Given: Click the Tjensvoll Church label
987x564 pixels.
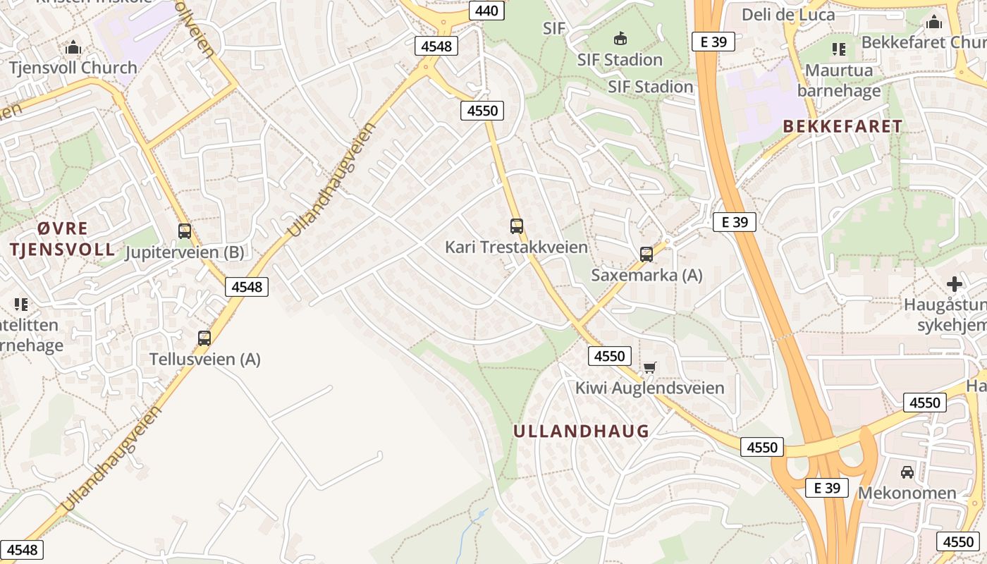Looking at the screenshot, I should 73,68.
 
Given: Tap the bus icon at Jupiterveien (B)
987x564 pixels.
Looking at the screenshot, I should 185,231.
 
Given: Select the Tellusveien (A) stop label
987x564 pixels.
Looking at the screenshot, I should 204,359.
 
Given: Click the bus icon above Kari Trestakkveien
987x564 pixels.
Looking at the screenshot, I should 517,226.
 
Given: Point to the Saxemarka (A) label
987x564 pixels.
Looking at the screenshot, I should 646,275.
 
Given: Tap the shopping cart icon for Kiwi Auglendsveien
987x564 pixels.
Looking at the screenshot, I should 649,367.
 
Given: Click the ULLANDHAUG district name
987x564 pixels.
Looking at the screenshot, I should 581,431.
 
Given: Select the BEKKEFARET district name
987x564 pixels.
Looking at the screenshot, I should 842,126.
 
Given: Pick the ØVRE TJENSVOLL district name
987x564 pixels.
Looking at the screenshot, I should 62,238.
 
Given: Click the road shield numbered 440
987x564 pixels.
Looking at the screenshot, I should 486,11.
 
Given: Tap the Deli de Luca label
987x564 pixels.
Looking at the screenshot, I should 788,14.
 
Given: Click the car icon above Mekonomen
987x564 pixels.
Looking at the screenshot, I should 907,472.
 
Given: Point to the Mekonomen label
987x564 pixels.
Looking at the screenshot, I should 907,492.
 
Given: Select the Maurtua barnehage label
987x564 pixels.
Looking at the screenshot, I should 839,80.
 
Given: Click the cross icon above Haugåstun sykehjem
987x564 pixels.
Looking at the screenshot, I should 955,284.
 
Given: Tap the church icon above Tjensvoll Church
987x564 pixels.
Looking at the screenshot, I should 73,48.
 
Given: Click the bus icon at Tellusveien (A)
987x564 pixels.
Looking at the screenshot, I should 204,338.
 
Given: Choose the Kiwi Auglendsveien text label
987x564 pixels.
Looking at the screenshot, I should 649,388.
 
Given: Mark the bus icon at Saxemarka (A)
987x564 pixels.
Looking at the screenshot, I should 646,255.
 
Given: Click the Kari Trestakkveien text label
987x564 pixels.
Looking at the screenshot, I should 516,247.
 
